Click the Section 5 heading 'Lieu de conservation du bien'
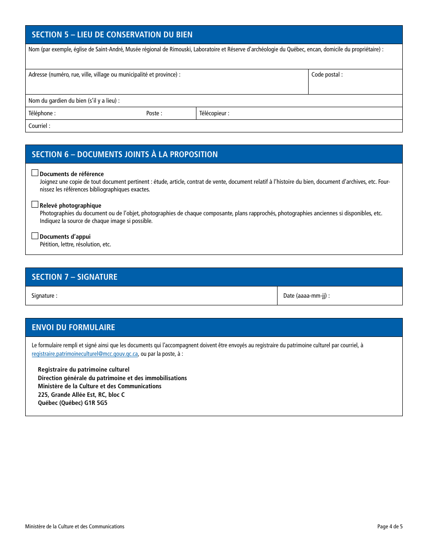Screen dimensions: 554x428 pyautogui.click(x=112, y=35)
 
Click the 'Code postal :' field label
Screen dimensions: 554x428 pyautogui.click(x=327, y=75)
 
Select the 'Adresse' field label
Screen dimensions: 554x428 pyautogui.click(x=104, y=75)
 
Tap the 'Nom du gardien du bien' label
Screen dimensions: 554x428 pyautogui.click(x=74, y=101)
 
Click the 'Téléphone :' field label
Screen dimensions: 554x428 pyautogui.click(x=42, y=114)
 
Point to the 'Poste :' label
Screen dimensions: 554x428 pyautogui.click(x=154, y=114)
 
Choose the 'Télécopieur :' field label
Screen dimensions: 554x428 pyautogui.click(x=214, y=114)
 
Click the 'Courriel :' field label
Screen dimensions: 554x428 pyautogui.click(x=39, y=126)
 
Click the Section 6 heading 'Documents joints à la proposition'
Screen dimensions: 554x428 pyautogui.click(x=124, y=154)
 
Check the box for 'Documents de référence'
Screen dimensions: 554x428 pyautogui.click(x=35, y=173)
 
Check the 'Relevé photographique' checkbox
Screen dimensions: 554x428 pyautogui.click(x=35, y=204)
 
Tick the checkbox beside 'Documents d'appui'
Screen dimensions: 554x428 pyautogui.click(x=35, y=236)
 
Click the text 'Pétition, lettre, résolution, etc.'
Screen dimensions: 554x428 pyautogui.click(x=75, y=245)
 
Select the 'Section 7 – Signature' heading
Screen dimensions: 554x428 pyautogui.click(x=74, y=277)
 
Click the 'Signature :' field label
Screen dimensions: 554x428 pyautogui.click(x=44, y=296)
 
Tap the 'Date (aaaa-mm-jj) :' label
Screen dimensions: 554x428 pyautogui.click(x=306, y=296)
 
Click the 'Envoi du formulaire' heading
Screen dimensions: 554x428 pyautogui.click(x=73, y=327)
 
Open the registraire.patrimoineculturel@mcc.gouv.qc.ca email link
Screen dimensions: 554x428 pyautogui.click(x=85, y=354)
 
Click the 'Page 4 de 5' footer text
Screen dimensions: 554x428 pyautogui.click(x=390, y=527)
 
